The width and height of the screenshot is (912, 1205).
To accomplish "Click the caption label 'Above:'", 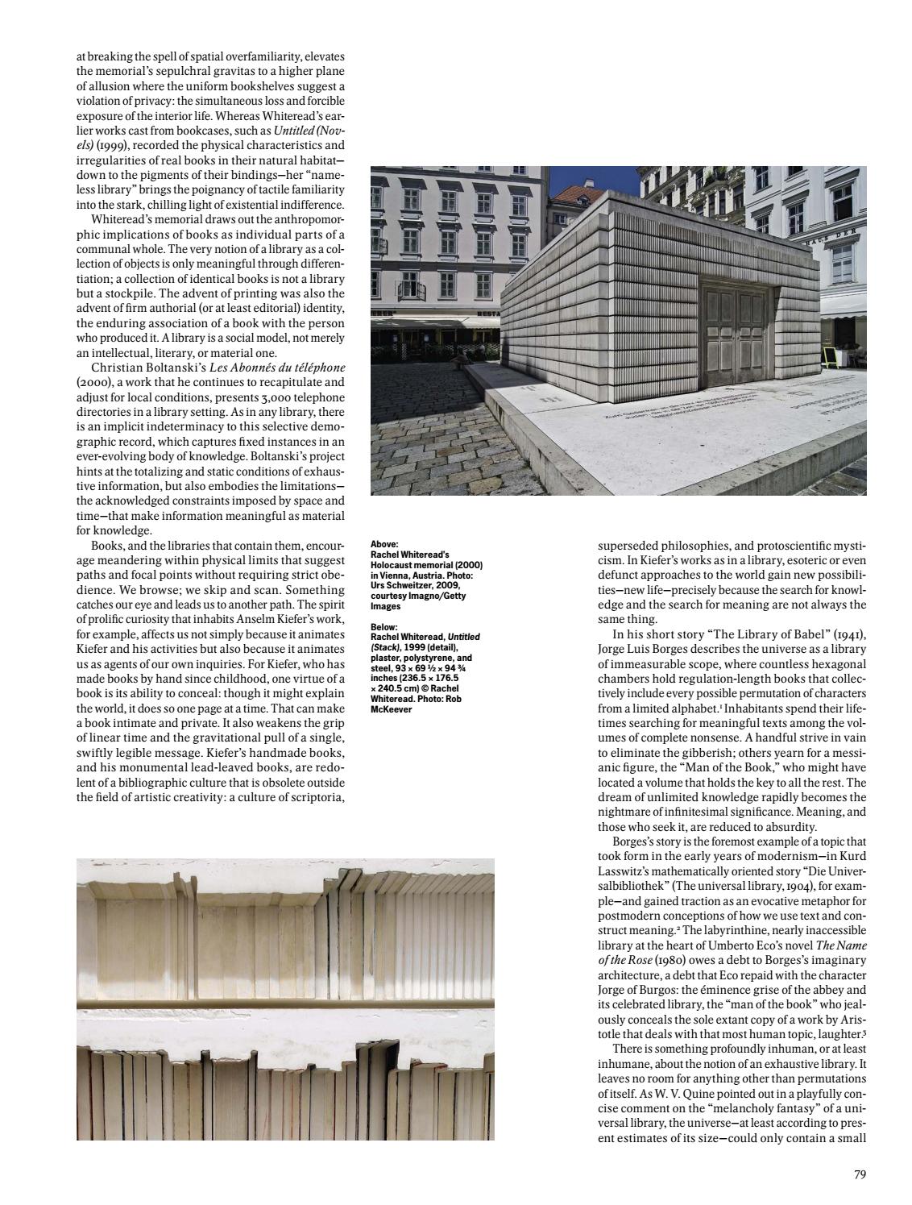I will coord(384,545).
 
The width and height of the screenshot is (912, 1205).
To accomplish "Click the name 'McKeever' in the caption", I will coord(391,709).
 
